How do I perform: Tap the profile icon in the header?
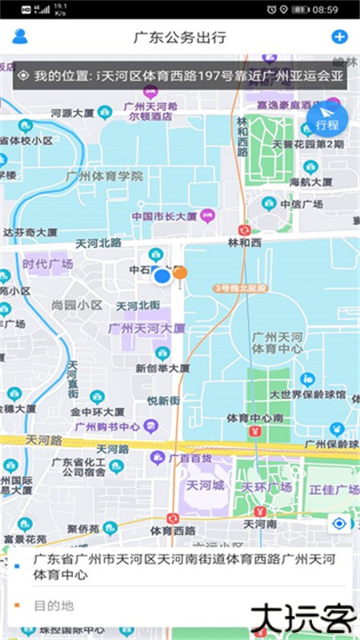click(x=20, y=36)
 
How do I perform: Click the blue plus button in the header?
click(x=339, y=36)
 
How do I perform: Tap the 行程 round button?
click(x=326, y=119)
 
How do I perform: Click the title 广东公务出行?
click(x=180, y=37)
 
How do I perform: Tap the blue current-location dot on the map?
click(x=162, y=276)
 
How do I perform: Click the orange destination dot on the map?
click(x=180, y=273)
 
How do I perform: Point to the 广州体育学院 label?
click(x=105, y=176)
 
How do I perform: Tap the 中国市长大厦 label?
click(x=165, y=215)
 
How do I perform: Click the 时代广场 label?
click(x=47, y=264)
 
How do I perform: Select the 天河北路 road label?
click(x=98, y=243)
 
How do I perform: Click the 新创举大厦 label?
click(x=162, y=367)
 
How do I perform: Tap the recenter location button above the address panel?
click(x=339, y=524)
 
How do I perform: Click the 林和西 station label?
click(x=244, y=242)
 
